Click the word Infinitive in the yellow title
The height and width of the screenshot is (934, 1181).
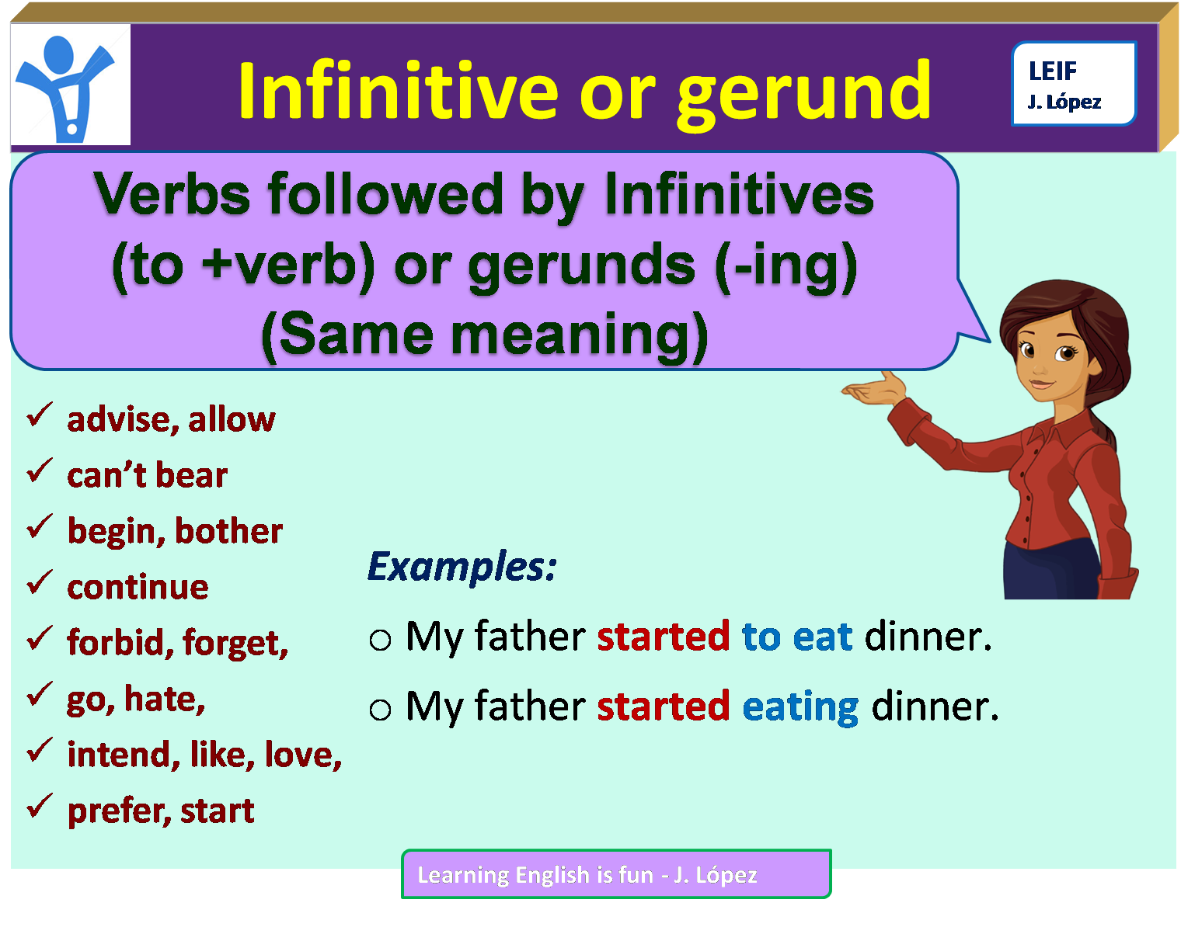pos(398,92)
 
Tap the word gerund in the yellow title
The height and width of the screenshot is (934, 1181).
pos(803,93)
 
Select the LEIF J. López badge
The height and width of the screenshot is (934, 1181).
pos(1073,84)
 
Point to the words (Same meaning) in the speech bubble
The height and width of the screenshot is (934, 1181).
pos(484,335)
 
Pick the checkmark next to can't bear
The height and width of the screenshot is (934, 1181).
pos(40,471)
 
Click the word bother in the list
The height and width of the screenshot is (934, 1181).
pos(228,531)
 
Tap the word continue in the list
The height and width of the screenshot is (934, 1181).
pos(138,587)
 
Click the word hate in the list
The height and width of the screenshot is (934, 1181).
pos(164,699)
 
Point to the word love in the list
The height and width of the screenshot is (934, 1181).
pos(302,755)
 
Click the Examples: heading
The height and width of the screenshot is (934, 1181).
pos(462,567)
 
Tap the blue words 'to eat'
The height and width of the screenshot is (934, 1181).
pos(796,637)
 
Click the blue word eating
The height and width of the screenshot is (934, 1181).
pos(800,707)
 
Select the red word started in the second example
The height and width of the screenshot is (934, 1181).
pos(663,707)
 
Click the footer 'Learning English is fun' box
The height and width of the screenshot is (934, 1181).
pos(616,874)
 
